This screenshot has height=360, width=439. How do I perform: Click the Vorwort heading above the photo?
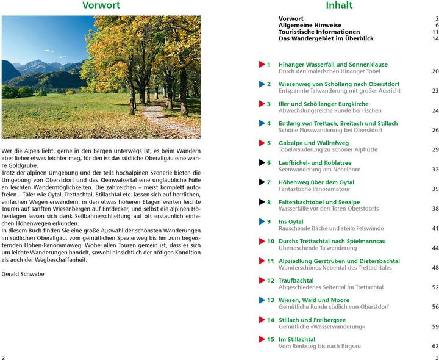101,5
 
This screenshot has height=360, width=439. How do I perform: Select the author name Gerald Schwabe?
23,274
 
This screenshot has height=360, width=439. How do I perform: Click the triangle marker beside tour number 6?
262,162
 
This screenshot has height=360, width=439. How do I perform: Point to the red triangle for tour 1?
262,64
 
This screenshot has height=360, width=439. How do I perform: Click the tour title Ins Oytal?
291,221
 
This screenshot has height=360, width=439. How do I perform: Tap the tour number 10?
270,241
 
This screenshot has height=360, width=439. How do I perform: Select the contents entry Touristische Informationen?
319,32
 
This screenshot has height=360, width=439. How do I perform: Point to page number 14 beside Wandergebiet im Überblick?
435,38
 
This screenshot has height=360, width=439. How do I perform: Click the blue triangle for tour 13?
262,300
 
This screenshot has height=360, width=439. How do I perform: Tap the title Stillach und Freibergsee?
312,320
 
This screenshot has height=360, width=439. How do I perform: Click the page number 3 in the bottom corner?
437,358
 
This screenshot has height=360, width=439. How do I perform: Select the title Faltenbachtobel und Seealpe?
319,202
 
